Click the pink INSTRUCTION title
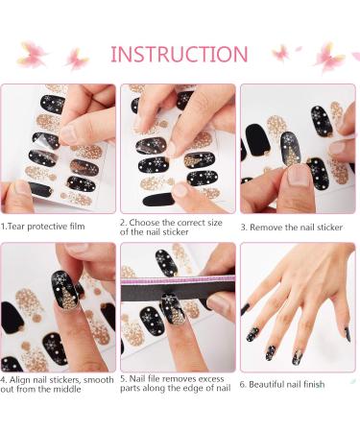(x=179, y=54)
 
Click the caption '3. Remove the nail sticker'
(x=296, y=228)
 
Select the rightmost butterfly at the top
(x=331, y=55)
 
